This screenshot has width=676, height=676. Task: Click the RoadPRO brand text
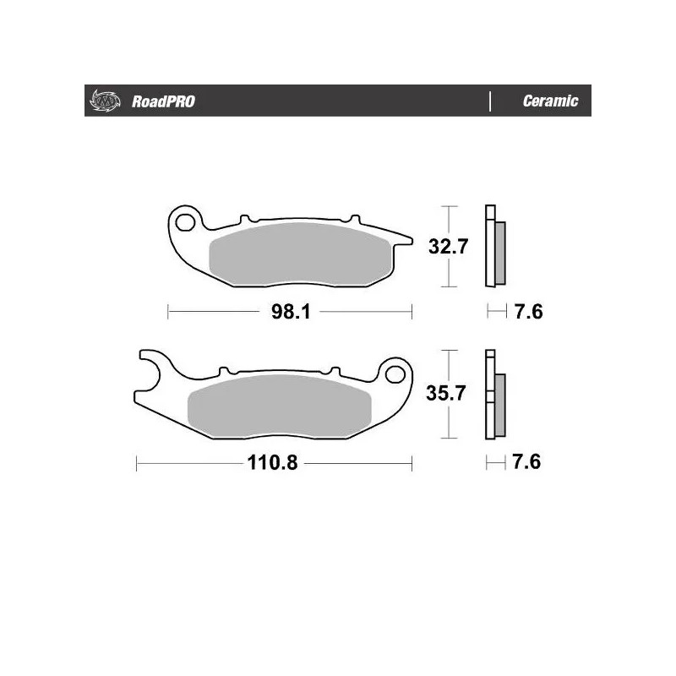point(162,101)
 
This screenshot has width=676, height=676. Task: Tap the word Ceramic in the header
point(550,101)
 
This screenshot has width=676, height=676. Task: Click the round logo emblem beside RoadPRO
point(101,101)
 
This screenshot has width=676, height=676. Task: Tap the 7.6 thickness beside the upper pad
point(528,312)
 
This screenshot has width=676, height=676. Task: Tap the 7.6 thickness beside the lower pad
point(528,463)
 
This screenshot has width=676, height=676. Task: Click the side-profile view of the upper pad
point(493,247)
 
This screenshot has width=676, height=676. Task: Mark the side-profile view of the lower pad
point(493,395)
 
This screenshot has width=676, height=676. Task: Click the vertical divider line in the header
point(490,101)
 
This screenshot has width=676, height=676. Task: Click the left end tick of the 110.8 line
point(137,464)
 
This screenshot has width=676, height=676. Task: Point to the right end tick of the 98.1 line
point(412,312)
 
